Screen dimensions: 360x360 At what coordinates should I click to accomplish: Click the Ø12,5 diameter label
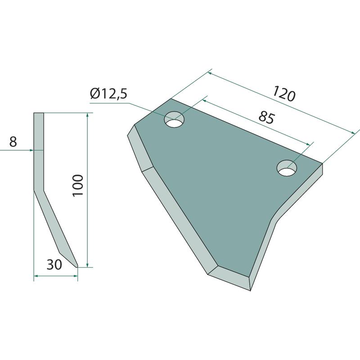(x=108, y=94)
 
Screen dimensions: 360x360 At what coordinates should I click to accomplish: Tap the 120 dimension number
(x=284, y=94)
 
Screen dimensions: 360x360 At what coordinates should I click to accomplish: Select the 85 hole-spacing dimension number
(x=266, y=117)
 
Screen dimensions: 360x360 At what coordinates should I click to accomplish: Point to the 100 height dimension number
(x=78, y=185)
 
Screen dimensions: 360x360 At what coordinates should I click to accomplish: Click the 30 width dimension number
(x=54, y=265)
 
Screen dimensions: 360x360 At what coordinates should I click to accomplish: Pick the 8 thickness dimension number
(x=13, y=142)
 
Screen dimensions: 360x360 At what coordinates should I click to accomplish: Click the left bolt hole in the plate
(x=175, y=119)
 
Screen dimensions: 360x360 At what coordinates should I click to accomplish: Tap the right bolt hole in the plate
(x=287, y=168)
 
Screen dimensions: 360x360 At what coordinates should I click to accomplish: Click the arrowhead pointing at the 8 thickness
(x=31, y=150)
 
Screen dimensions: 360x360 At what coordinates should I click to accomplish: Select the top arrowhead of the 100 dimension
(x=87, y=115)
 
